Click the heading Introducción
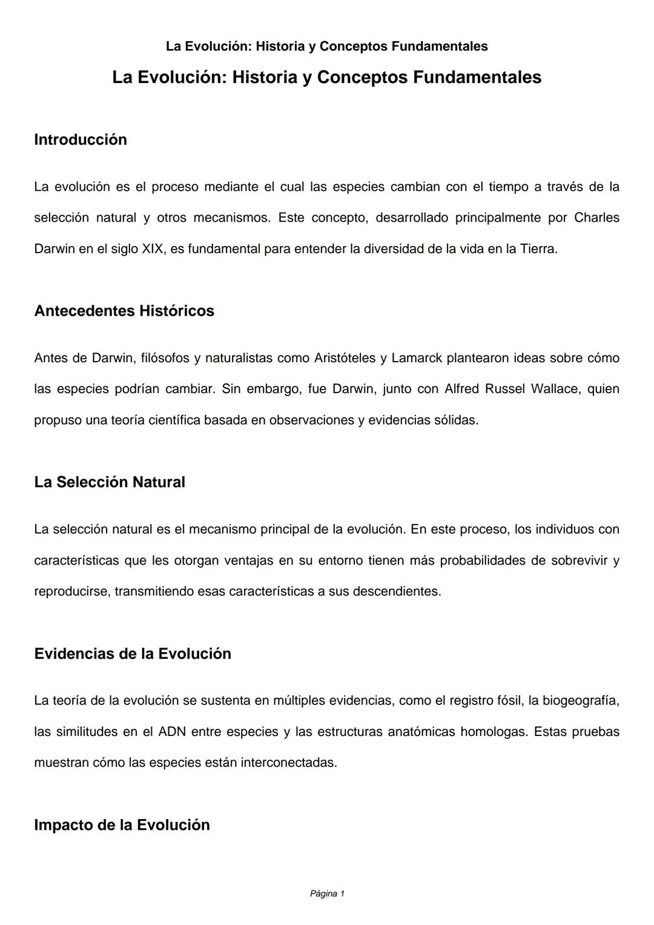point(81,140)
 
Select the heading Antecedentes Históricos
point(124,311)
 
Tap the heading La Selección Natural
point(110,482)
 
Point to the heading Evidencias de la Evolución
point(133,654)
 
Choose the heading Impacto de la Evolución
point(122,825)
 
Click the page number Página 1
point(327,894)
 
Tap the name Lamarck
point(416,358)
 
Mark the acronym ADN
point(171,732)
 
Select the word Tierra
point(538,249)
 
